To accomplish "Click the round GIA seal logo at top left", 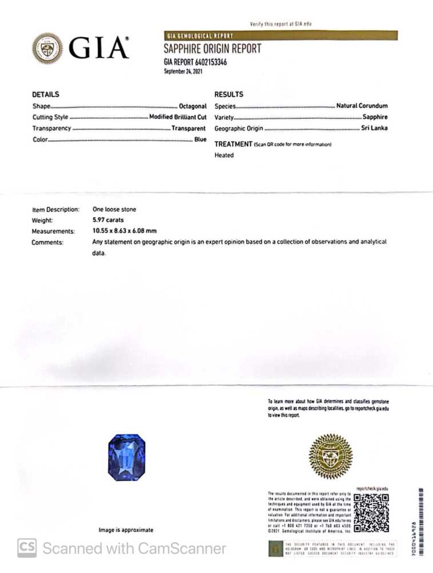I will click(47, 48).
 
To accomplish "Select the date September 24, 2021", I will click(183, 72).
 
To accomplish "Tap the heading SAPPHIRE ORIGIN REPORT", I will click(212, 49).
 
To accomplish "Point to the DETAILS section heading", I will click(46, 95).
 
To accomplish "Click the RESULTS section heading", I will click(229, 95).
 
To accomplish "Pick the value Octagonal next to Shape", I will click(192, 107).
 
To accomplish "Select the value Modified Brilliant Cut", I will click(177, 117).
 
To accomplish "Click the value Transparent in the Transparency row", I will click(188, 128).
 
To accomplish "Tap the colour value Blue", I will click(200, 140).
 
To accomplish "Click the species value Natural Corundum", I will click(362, 106).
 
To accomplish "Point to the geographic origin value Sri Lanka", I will click(375, 128).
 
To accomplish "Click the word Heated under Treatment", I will click(224, 155).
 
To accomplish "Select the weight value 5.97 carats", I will click(108, 220).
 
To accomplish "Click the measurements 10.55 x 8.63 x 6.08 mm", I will click(125, 231).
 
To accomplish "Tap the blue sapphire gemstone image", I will click(126, 457).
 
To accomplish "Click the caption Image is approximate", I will click(126, 531).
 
